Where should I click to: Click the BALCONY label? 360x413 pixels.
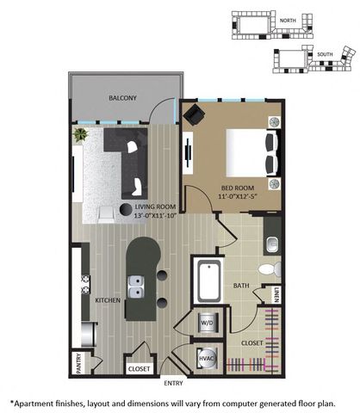click(122, 98)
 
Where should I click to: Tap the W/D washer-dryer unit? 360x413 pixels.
click(208, 322)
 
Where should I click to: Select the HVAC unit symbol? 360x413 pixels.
click(206, 359)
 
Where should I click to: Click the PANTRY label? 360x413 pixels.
click(79, 363)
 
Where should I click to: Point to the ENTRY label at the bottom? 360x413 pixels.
click(173, 383)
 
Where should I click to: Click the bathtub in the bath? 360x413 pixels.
click(209, 282)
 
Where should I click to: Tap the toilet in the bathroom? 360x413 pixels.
click(270, 268)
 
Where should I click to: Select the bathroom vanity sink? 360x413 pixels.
click(271, 244)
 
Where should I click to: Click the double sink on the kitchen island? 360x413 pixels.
click(135, 287)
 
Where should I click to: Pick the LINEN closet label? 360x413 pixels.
click(276, 294)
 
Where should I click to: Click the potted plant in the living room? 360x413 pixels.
click(81, 134)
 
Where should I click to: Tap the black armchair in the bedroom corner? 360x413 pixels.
click(194, 114)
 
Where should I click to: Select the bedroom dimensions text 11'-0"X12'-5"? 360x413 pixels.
click(237, 197)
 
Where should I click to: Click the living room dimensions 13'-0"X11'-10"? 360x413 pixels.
click(155, 215)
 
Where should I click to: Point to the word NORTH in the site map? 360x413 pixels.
click(288, 21)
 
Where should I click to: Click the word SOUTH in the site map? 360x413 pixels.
click(325, 54)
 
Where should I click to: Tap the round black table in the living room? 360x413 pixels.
click(126, 209)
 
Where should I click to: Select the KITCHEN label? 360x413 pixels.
click(108, 300)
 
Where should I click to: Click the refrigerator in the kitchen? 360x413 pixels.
click(87, 334)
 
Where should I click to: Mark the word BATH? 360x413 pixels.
click(241, 286)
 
